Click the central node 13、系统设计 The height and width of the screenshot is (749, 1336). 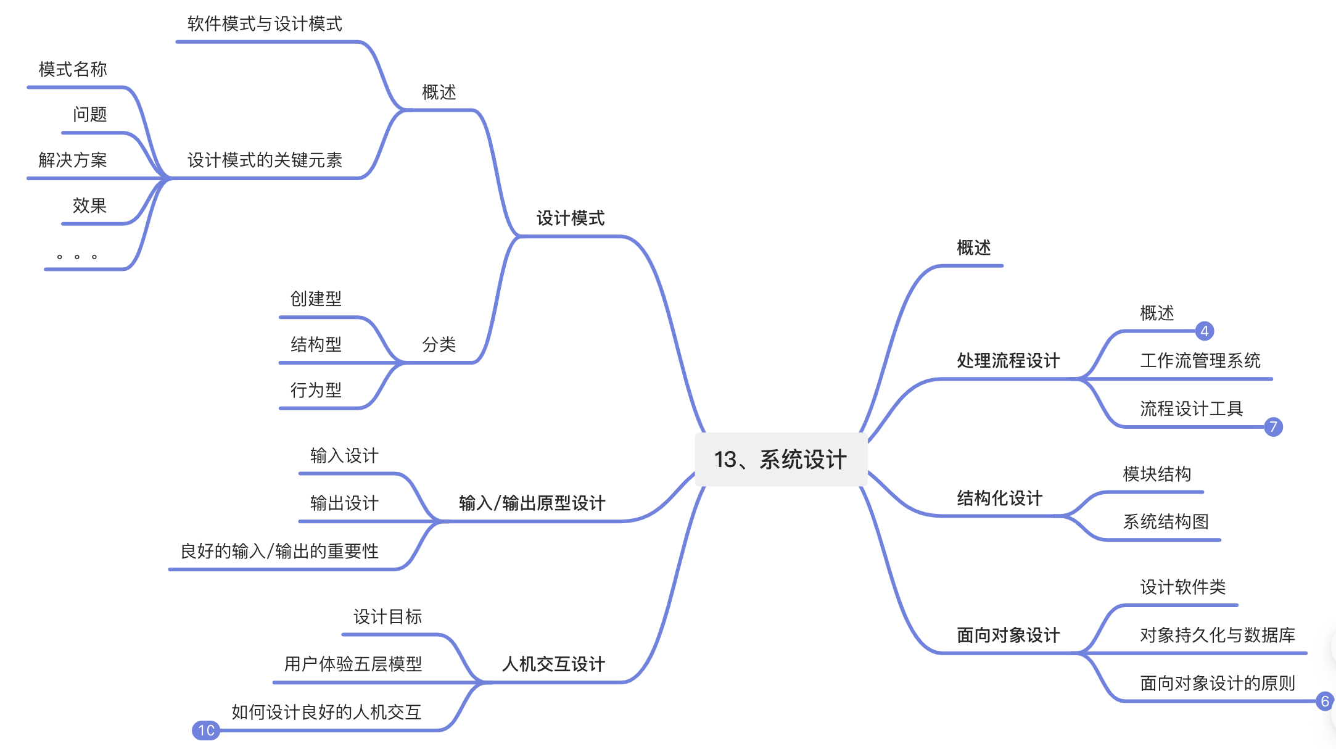coord(780,460)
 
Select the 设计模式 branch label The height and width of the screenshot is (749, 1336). coord(571,218)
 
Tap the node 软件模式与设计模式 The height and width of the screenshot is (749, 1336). coord(265,24)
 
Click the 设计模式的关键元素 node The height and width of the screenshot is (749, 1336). coord(265,160)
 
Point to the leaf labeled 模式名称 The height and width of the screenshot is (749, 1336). coord(73,70)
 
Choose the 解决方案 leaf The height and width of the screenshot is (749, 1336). coord(73,160)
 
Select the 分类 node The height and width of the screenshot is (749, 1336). coord(439,345)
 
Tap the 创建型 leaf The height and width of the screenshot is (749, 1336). coord(316,299)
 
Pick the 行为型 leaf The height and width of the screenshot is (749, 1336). coord(316,391)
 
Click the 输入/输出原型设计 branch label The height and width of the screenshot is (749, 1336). coord(532,503)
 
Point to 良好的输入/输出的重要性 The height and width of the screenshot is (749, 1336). coord(279,552)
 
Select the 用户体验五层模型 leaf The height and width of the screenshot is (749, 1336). coord(353,664)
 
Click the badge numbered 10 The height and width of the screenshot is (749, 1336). coord(206,730)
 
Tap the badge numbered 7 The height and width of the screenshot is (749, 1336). coord(1273,427)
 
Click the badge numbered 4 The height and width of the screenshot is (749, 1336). coord(1204,331)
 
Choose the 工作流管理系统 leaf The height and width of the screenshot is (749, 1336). coord(1200,361)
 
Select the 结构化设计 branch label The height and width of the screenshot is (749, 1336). coord(1000,499)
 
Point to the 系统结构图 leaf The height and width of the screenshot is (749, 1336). coord(1166,522)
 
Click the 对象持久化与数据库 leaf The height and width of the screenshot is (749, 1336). coord(1218,635)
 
